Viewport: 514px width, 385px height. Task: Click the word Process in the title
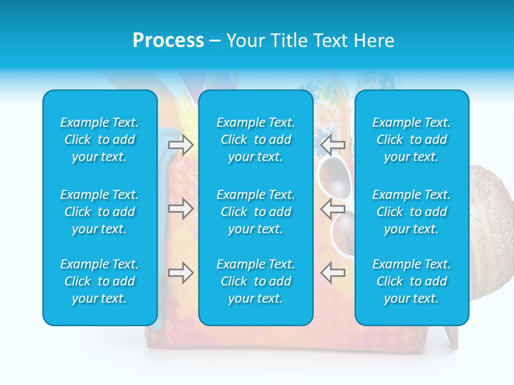(168, 41)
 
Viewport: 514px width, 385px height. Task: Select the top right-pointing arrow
(180, 144)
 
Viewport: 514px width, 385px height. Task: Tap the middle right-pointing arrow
(180, 208)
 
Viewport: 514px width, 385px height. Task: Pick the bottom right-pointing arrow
(180, 273)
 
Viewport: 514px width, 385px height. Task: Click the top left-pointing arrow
(332, 144)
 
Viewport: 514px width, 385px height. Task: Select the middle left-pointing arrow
(332, 208)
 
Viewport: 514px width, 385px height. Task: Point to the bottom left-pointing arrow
(332, 273)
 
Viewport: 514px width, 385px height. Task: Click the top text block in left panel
(100, 140)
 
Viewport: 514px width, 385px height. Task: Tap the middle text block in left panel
(100, 212)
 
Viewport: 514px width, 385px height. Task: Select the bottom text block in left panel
(100, 281)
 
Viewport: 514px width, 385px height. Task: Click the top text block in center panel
(255, 140)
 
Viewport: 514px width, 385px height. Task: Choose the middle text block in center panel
(255, 212)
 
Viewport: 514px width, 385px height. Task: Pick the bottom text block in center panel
(255, 281)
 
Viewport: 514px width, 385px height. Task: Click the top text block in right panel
(411, 140)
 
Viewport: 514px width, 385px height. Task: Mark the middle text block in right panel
(411, 212)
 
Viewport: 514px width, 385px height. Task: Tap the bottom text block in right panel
(411, 281)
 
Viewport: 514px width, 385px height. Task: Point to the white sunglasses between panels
(337, 230)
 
